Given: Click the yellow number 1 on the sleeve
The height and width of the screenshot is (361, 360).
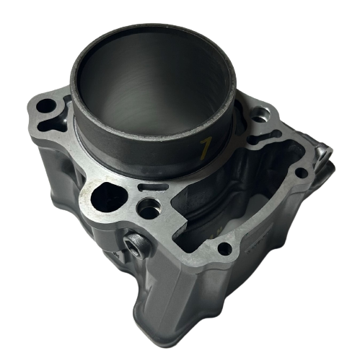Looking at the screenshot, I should [x=205, y=149].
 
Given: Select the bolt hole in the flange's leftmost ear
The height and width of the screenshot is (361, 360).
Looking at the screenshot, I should [x=46, y=105].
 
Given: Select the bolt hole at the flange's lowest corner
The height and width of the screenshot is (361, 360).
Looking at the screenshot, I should [x=224, y=249].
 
